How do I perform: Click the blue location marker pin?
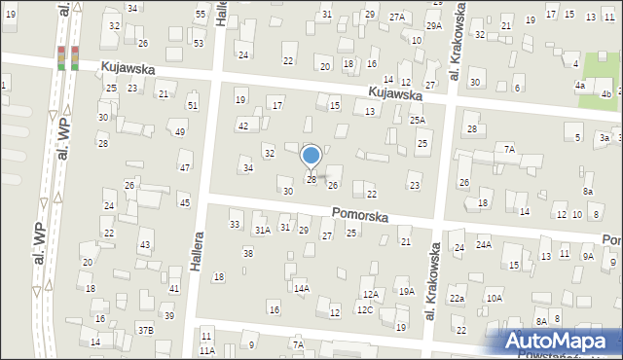point(311,156)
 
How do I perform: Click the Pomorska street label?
point(360,213)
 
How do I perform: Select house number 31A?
point(262,230)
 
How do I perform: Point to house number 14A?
point(302,288)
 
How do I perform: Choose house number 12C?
point(364,309)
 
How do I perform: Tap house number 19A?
point(406,291)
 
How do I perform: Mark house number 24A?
point(484,245)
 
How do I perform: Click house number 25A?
point(418,120)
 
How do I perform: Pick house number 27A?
point(397,17)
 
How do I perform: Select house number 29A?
point(433,26)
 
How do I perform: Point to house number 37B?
point(145,330)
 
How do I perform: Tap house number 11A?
point(206,350)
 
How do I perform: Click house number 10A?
point(495,298)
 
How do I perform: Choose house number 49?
point(179,132)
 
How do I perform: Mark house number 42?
point(243,126)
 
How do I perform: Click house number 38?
point(248,253)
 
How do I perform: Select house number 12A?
point(370,294)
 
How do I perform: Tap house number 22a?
point(457,298)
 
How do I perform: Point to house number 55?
point(200,15)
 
